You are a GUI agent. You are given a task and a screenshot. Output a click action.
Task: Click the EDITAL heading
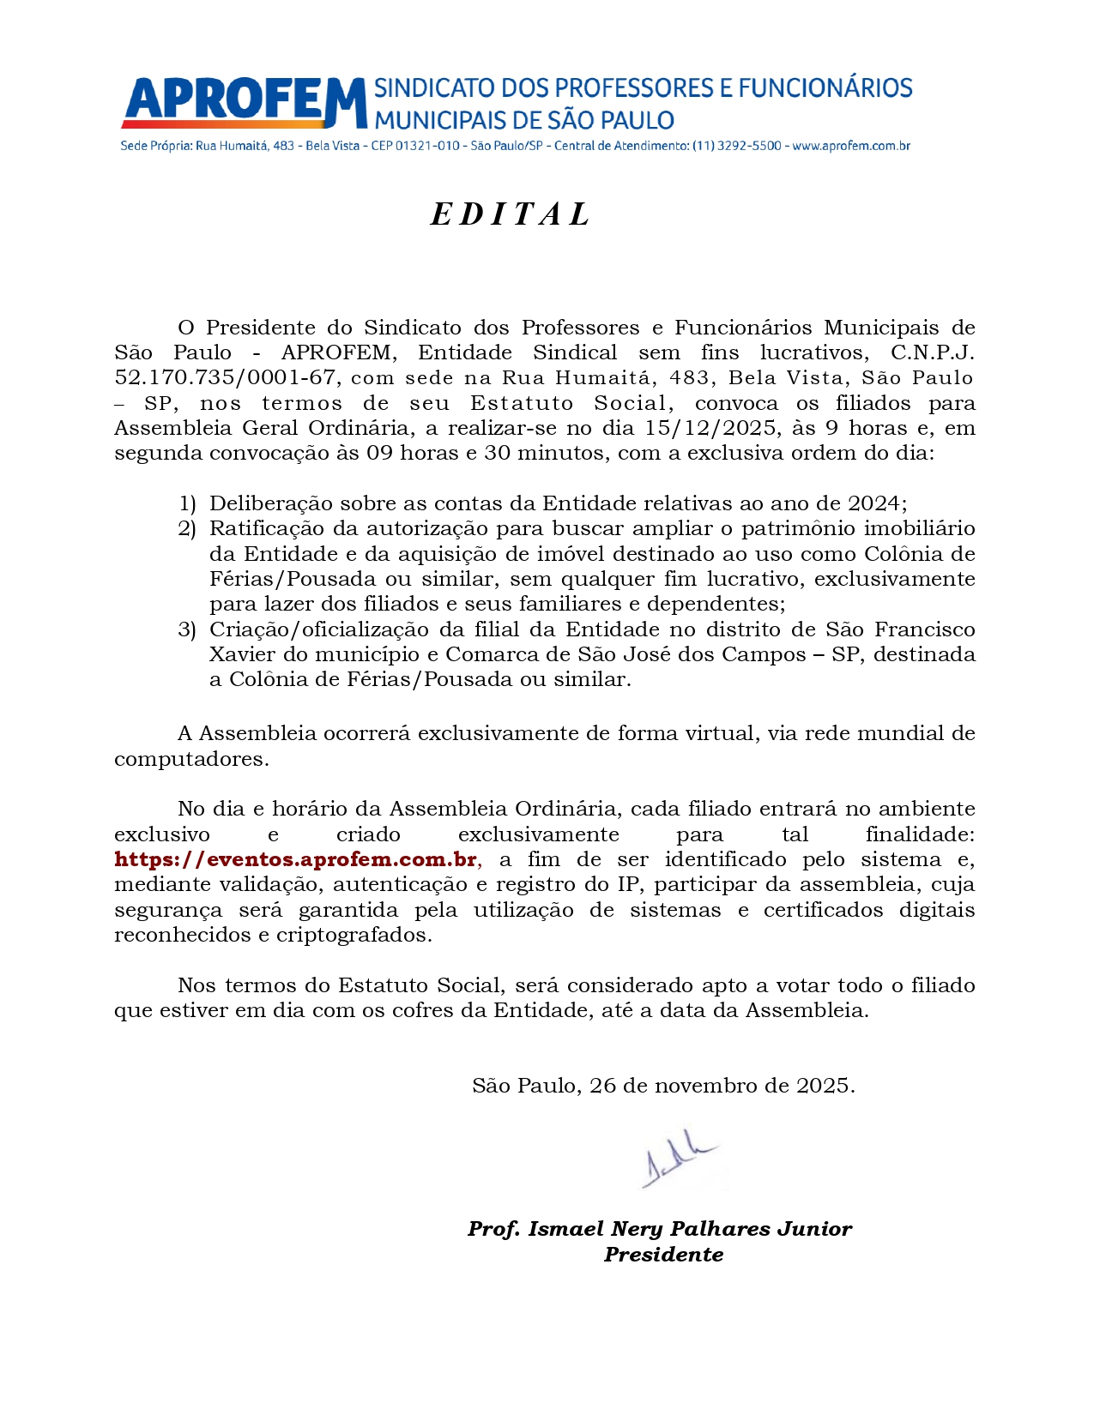pos(511,214)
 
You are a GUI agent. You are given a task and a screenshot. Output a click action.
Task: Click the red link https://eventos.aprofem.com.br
pos(296,859)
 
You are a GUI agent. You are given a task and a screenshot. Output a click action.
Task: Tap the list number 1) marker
pos(187,503)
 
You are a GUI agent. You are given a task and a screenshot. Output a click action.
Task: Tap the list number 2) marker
pos(187,528)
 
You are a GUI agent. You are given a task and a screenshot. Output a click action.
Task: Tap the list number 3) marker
pos(187,629)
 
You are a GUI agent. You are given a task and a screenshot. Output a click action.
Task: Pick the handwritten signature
pos(678,1165)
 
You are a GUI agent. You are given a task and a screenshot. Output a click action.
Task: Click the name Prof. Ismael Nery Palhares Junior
pos(659,1229)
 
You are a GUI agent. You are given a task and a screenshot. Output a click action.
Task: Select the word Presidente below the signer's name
pos(663,1255)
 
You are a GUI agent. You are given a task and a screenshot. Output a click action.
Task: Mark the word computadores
pos(191,759)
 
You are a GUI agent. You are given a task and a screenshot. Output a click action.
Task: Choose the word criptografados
pos(354,935)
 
